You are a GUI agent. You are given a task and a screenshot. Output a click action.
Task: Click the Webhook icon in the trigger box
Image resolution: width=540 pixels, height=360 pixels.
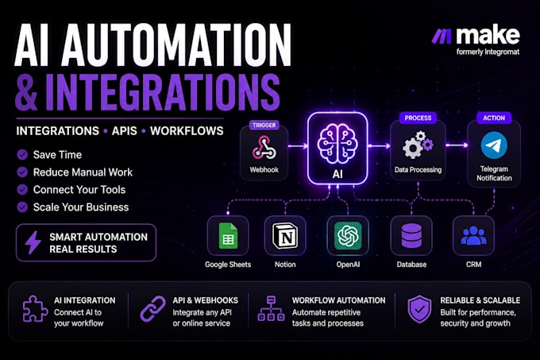pyautogui.click(x=264, y=148)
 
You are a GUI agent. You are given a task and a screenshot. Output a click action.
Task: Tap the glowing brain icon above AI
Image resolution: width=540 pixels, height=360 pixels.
pyautogui.click(x=337, y=144)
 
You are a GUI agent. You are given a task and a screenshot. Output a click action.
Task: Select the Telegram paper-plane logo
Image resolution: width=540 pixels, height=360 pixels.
pyautogui.click(x=494, y=145)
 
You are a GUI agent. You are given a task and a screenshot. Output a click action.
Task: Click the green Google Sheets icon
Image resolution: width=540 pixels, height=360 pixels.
pyautogui.click(x=228, y=236)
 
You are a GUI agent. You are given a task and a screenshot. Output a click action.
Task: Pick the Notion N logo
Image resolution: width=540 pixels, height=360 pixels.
pyautogui.click(x=285, y=236)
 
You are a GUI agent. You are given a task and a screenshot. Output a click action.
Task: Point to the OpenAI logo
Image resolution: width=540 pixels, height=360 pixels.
pyautogui.click(x=348, y=236)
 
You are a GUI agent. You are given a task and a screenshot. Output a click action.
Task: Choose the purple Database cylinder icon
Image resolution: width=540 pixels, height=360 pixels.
pyautogui.click(x=411, y=236)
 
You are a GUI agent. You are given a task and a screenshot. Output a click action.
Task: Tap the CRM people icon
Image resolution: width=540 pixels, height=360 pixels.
pyautogui.click(x=473, y=236)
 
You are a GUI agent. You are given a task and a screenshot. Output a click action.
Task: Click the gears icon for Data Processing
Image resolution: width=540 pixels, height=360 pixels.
pyautogui.click(x=418, y=145)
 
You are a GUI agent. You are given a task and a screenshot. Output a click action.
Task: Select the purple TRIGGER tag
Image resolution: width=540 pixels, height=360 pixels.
pyautogui.click(x=264, y=125)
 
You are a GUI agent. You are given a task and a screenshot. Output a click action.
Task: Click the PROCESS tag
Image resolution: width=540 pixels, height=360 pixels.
pyautogui.click(x=418, y=118)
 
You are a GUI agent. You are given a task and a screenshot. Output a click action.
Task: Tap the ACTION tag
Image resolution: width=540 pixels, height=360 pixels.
pyautogui.click(x=494, y=118)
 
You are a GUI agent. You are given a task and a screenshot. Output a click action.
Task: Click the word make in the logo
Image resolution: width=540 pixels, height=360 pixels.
pyautogui.click(x=488, y=35)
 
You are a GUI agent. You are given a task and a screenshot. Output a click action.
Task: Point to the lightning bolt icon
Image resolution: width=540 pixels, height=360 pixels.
pyautogui.click(x=33, y=242)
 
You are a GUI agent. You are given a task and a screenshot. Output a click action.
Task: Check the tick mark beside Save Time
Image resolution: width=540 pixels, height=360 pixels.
pyautogui.click(x=22, y=155)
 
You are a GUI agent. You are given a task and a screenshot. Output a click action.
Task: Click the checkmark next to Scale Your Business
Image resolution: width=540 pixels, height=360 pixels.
pyautogui.click(x=22, y=207)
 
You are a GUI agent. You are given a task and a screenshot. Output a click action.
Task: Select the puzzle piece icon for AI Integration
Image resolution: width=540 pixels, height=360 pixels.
pyautogui.click(x=35, y=308)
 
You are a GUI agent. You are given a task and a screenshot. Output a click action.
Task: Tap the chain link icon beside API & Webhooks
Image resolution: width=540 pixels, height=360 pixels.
pyautogui.click(x=152, y=308)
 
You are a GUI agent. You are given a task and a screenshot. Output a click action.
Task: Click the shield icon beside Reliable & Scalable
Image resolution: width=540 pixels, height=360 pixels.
pyautogui.click(x=419, y=309)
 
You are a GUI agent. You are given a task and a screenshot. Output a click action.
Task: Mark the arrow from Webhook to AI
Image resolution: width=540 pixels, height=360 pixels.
pyautogui.click(x=298, y=146)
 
